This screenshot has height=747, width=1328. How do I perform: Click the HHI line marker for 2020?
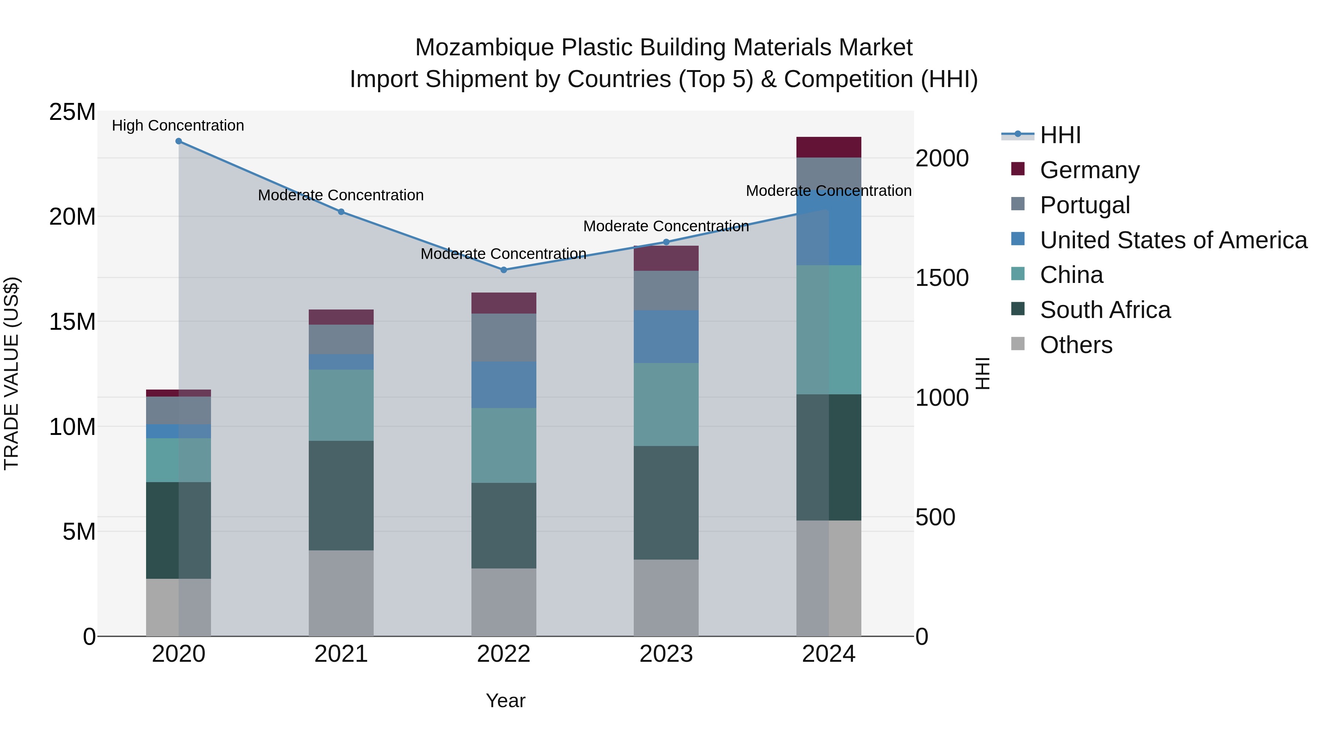(x=179, y=141)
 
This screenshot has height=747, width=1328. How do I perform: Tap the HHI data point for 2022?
(x=504, y=270)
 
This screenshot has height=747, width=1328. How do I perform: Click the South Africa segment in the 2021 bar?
(x=341, y=495)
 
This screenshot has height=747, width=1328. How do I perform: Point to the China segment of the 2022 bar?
(x=504, y=445)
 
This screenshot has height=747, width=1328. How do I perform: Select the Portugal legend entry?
(x=1085, y=205)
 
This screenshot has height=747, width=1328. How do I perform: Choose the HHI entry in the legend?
(x=1060, y=135)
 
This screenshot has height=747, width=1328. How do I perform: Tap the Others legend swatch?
(x=1018, y=344)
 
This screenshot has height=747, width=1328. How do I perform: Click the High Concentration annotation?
(x=178, y=125)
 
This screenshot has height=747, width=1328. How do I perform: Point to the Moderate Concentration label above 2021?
(x=341, y=196)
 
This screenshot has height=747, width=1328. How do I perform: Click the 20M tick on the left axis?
(x=72, y=217)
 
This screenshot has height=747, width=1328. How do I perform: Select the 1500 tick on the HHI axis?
(x=941, y=279)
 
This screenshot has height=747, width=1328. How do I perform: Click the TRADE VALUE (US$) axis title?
(x=11, y=373)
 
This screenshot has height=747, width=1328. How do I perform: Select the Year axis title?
(x=505, y=701)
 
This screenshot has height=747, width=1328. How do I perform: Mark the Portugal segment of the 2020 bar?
(x=179, y=410)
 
